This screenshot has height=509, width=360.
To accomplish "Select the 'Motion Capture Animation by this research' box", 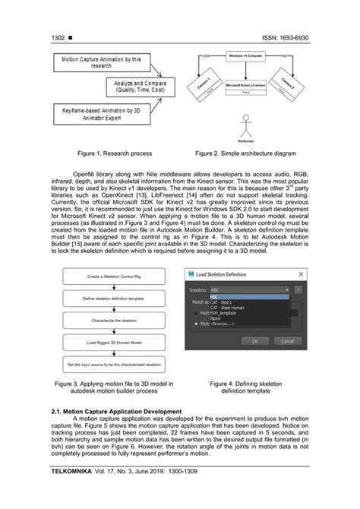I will click(x=97, y=62).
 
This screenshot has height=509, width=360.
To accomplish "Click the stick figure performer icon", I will click(x=245, y=125).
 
